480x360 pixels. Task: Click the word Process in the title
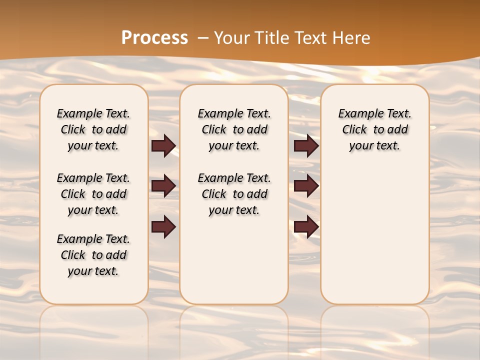154,38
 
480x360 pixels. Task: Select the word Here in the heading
351,38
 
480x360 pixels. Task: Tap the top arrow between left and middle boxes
163,145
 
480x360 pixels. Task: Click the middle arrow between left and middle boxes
163,186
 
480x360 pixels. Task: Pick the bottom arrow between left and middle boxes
163,226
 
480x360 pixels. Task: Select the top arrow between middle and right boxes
306,145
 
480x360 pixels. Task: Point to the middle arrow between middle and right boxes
306,186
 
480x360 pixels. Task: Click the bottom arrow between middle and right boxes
306,226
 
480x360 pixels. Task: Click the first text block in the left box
93,129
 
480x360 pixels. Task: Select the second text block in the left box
93,194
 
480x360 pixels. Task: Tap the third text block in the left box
93,255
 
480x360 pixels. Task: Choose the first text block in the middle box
234,129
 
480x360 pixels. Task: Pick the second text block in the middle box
234,194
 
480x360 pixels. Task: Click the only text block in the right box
374,129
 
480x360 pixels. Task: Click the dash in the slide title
203,38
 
